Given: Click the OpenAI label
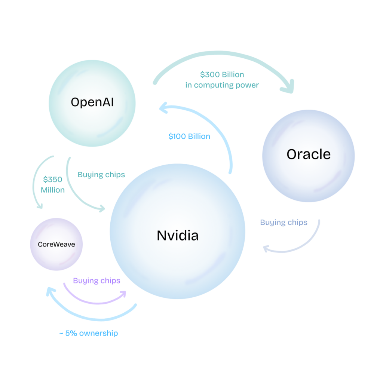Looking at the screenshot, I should point(92,102).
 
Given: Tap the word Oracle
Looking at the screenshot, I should point(309,154).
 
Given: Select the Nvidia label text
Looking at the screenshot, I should point(178,235).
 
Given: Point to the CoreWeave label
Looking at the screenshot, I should point(56,245).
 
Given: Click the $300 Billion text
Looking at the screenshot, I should point(222,74).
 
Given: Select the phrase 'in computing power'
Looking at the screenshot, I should point(222,85).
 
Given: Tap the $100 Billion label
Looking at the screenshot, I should point(189,137).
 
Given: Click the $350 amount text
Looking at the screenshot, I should point(53,180).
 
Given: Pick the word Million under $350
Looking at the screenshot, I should point(53,190).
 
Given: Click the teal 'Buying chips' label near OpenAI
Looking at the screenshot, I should point(101,175).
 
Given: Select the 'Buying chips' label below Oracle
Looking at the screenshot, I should point(284,223).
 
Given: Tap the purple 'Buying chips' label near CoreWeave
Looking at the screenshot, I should point(96,281).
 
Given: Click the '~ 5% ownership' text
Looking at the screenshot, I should point(88,333).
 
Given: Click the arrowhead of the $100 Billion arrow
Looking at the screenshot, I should point(163,109).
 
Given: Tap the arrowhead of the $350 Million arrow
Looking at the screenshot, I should point(39,205).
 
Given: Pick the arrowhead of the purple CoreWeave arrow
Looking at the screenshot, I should point(123,294).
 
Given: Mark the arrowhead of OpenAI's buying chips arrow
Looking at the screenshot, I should point(101,209).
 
